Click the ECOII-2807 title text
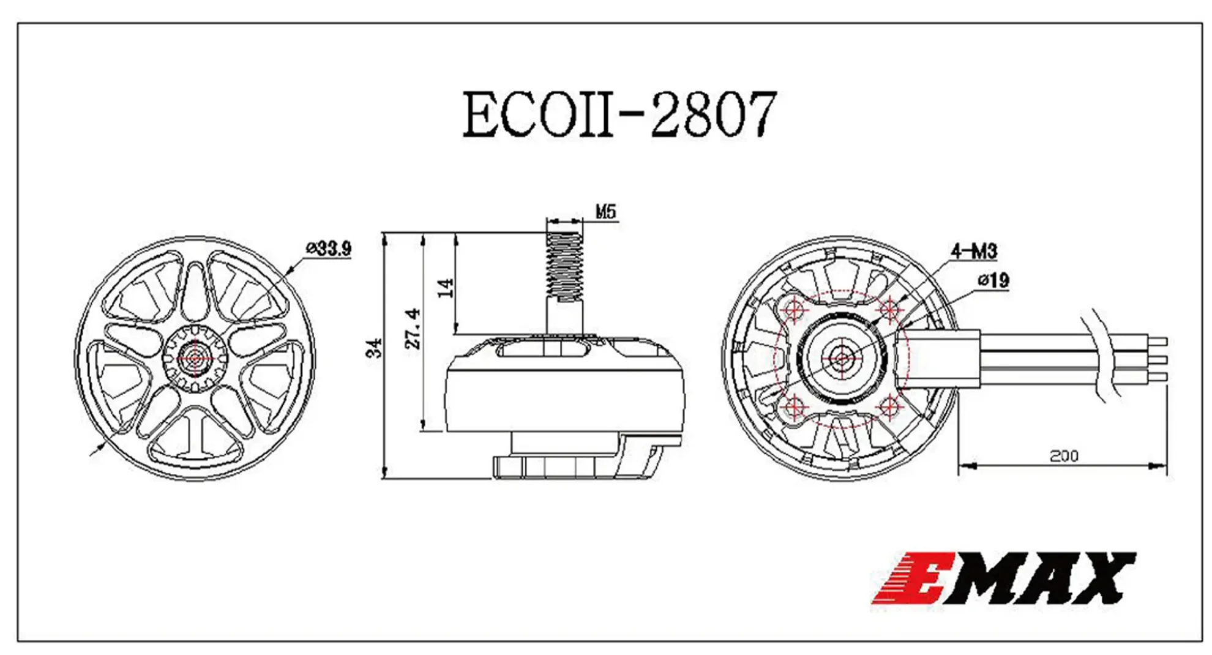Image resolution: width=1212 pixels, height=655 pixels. (619, 114)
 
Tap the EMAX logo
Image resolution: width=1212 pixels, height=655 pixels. (1004, 578)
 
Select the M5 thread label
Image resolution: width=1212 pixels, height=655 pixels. (605, 212)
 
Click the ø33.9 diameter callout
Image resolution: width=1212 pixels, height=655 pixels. (329, 249)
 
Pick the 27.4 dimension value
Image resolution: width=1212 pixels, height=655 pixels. (413, 329)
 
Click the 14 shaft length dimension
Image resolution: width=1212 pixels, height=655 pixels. (446, 288)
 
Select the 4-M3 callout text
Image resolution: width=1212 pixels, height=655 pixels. (973, 251)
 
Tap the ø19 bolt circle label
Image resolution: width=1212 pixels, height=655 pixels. (993, 280)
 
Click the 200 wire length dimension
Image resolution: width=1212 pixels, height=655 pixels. (1064, 456)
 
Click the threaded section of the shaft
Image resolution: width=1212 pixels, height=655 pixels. (564, 268)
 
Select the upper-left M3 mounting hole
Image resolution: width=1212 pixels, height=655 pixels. (794, 310)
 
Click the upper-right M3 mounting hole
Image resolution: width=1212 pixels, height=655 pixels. (889, 310)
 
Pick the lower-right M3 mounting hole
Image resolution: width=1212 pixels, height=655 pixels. (889, 406)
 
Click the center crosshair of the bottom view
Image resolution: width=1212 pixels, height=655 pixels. (842, 359)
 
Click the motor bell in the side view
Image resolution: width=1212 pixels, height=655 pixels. (564, 392)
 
